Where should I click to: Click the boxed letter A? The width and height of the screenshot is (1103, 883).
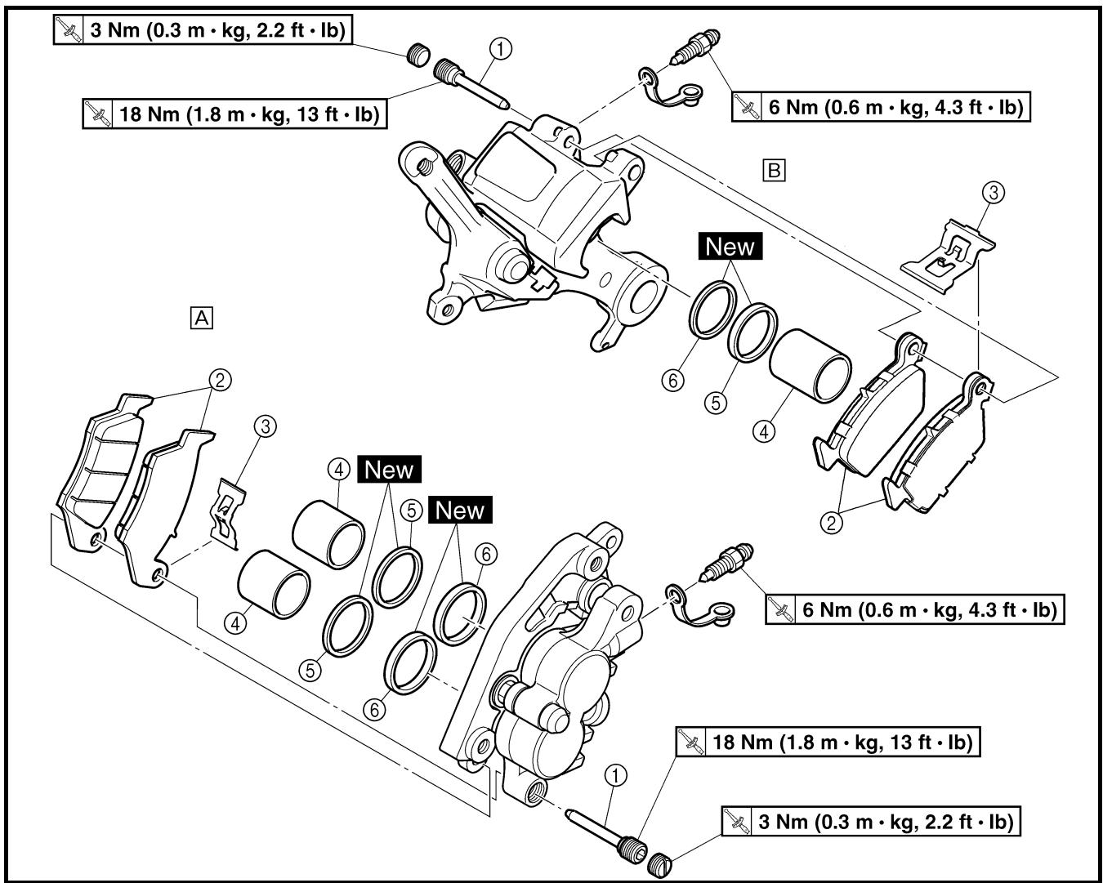click(202, 318)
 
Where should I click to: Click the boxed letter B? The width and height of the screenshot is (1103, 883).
click(774, 170)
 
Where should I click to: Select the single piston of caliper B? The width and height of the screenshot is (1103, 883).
click(810, 365)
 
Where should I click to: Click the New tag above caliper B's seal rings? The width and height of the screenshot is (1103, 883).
click(730, 246)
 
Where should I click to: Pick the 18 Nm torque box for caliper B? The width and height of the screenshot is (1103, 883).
click(234, 114)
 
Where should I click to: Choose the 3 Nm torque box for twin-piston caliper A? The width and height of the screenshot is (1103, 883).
click(871, 822)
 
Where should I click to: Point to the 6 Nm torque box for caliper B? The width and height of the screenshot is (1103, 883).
click(881, 106)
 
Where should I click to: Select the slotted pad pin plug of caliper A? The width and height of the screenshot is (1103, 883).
click(659, 866)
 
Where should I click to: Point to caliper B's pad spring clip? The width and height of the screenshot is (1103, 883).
click(949, 256)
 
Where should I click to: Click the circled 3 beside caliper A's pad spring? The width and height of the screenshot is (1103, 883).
click(266, 426)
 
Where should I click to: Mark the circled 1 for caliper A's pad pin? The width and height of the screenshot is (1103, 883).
click(615, 776)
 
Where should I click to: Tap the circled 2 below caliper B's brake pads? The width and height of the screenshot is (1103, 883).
click(831, 523)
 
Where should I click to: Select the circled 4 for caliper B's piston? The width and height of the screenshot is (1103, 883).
click(764, 431)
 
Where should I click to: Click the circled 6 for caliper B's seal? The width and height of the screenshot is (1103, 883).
click(672, 381)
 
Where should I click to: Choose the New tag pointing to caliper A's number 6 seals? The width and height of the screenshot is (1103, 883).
click(460, 510)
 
